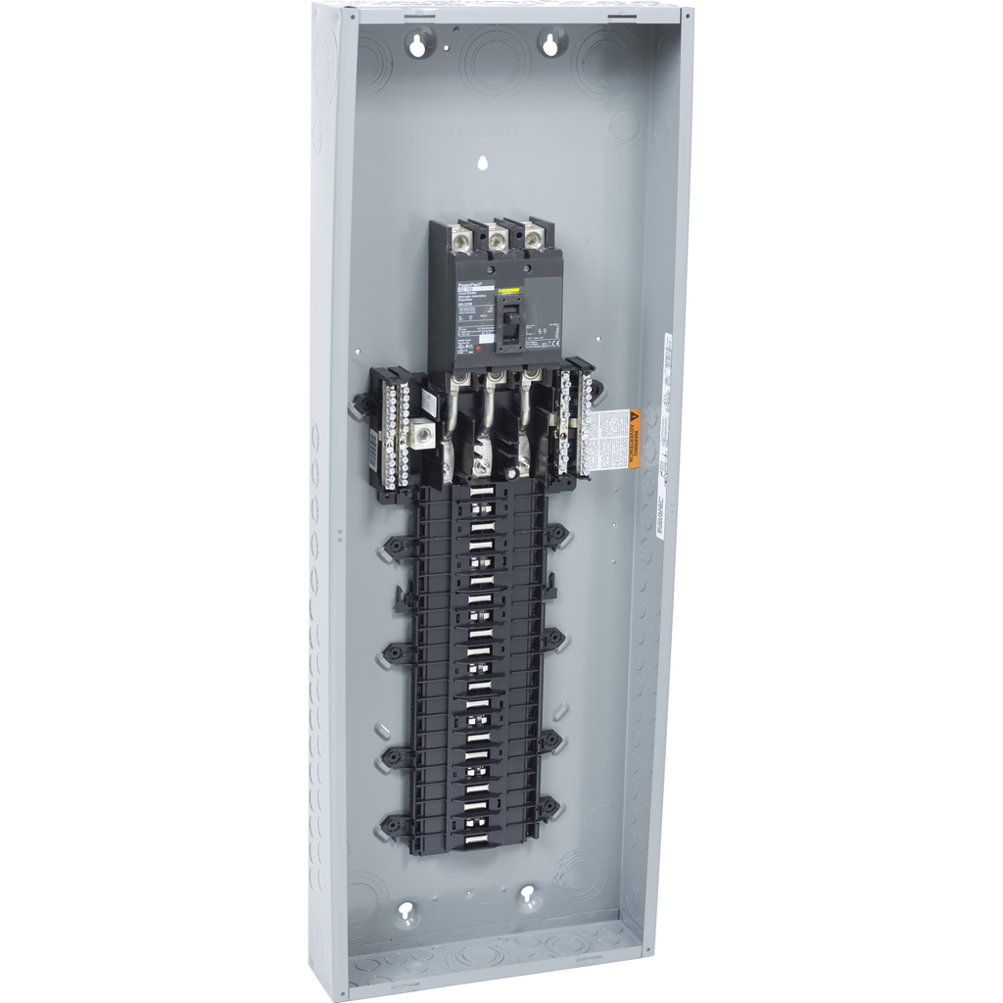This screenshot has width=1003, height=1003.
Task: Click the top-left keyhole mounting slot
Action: click(x=423, y=42)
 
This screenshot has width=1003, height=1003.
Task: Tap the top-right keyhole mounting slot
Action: click(x=552, y=42)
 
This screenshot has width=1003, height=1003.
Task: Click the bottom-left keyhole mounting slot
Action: click(x=405, y=912)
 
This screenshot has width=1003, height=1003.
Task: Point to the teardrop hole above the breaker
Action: click(x=482, y=164)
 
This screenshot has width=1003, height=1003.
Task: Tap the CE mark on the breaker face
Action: click(x=549, y=345)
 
